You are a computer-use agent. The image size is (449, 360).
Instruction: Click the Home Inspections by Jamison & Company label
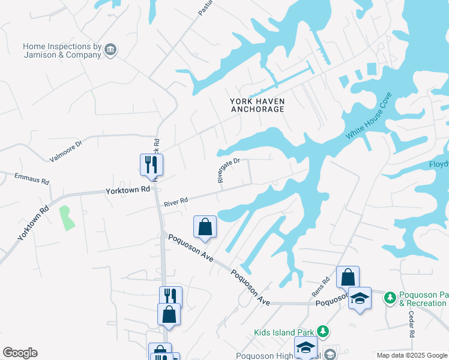point(62,50)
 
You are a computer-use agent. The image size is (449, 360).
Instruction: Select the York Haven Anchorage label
point(257,105)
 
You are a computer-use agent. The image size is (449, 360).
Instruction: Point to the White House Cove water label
point(369,116)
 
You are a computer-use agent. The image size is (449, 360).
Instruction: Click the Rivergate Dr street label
point(228,170)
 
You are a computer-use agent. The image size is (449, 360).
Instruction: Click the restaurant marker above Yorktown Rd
point(151,165)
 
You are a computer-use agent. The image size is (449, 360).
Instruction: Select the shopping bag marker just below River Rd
point(205,227)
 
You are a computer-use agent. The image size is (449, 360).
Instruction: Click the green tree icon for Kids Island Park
point(323,331)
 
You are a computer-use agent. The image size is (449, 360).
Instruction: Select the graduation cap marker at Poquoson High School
point(306,347)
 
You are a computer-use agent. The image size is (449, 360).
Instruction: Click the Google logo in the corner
point(20,353)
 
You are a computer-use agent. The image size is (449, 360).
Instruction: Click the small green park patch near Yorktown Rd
point(66,217)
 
